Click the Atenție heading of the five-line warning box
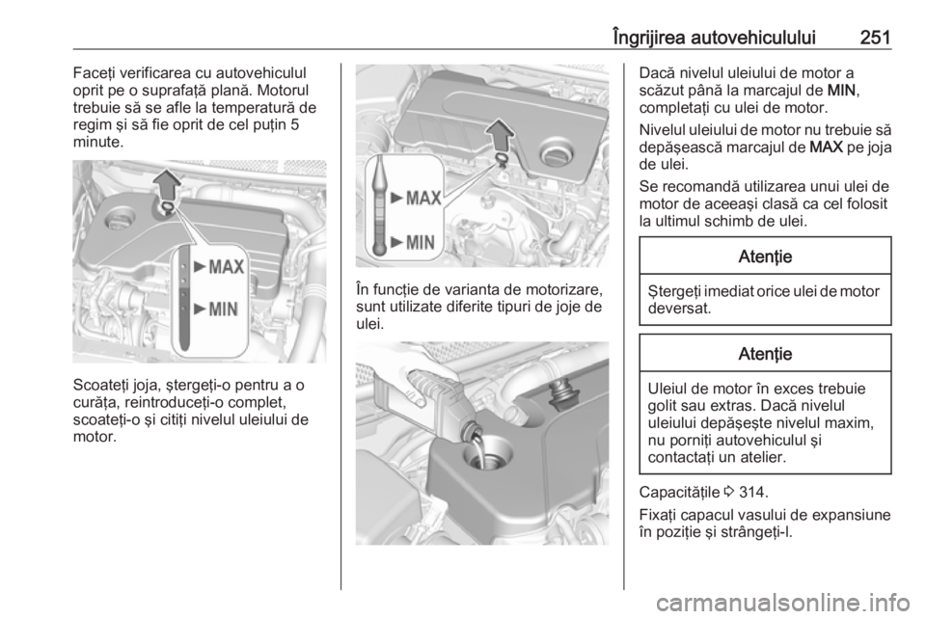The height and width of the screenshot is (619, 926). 765,354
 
